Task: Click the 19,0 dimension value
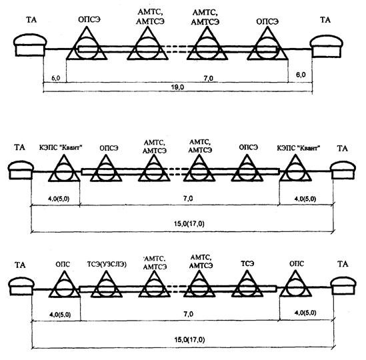[177, 87]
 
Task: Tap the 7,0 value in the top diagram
[208, 79]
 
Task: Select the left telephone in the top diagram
[30, 45]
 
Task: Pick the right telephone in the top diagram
[326, 46]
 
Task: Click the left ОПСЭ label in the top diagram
[89, 19]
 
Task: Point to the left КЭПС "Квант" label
[61, 148]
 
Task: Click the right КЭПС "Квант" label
[299, 148]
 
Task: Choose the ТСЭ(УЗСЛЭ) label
[107, 264]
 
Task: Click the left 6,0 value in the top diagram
[56, 78]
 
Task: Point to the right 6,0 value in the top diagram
[301, 75]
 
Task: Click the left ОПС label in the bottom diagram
[63, 264]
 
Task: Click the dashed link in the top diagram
[177, 49]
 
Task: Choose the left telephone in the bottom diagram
[21, 286]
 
